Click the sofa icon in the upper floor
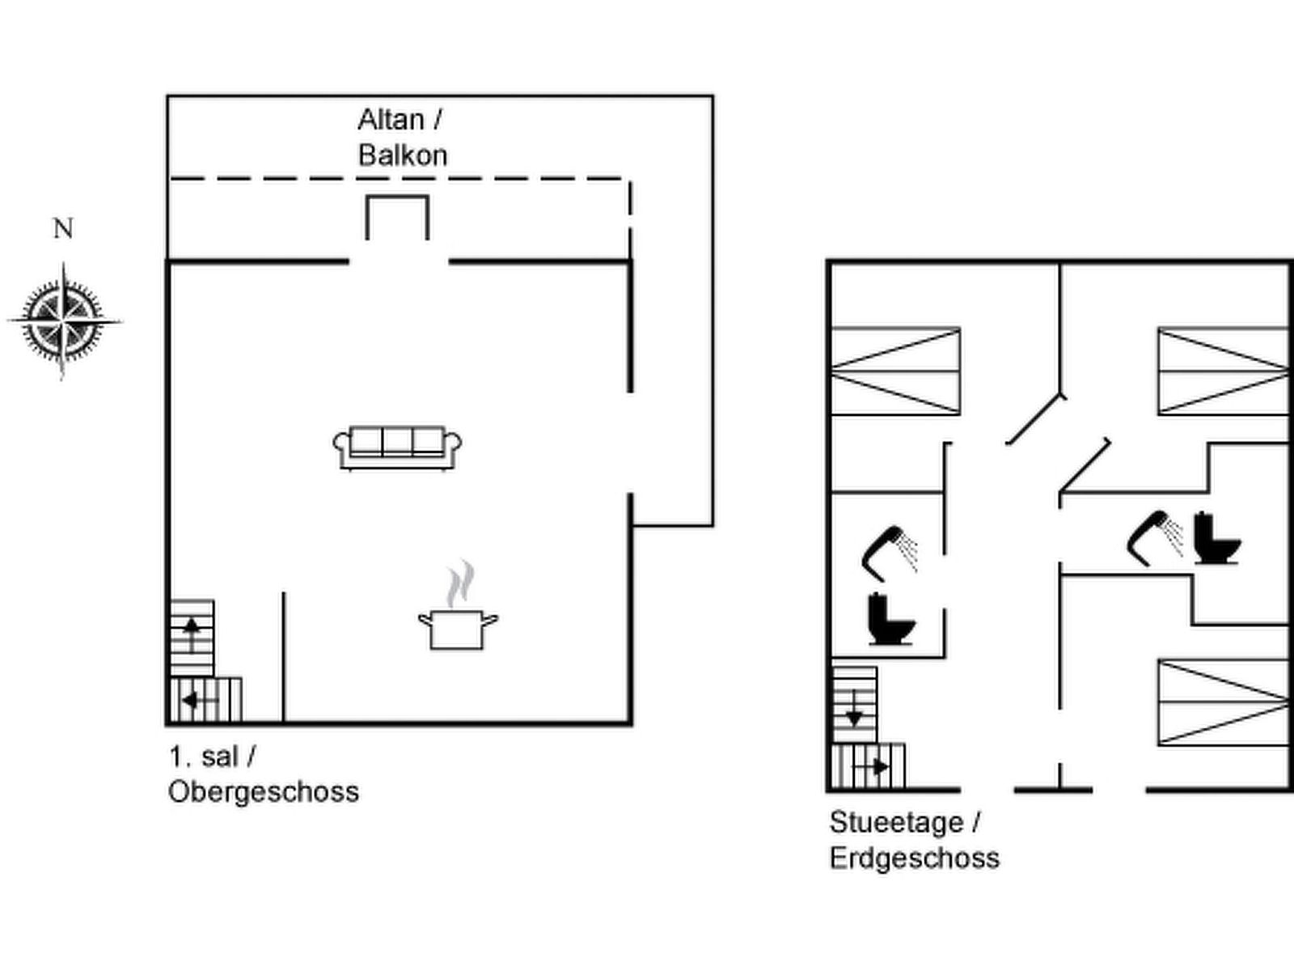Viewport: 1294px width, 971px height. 397,447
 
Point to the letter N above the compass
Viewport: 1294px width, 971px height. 63,229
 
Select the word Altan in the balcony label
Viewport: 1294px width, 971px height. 391,120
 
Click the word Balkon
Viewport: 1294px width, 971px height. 403,155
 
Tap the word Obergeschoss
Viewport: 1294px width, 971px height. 264,791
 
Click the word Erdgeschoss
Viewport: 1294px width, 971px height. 915,858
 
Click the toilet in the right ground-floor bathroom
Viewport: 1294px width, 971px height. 1217,538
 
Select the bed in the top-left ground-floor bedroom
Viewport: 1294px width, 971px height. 896,371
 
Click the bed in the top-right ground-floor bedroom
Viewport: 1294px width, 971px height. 1223,371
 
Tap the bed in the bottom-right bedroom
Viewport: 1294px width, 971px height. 1223,702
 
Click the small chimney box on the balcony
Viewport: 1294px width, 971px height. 397,217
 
